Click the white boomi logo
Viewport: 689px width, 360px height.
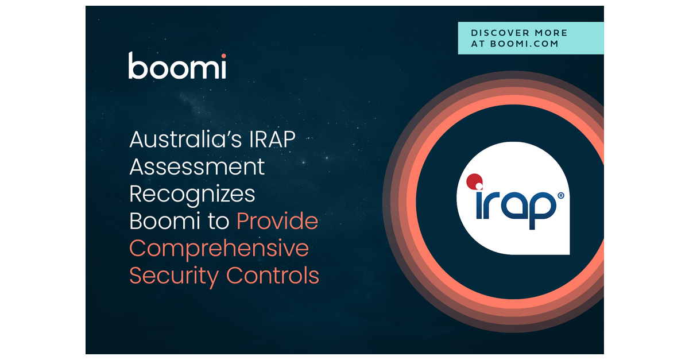[x=177, y=65]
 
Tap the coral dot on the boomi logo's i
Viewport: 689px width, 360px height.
[x=223, y=56]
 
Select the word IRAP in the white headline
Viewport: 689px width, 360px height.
[x=272, y=140]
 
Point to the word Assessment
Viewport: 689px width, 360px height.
[x=197, y=167]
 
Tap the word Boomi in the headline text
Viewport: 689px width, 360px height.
[x=165, y=221]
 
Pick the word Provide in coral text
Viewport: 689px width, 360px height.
[x=277, y=221]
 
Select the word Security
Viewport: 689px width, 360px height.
[x=174, y=276]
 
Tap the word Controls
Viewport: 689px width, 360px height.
[x=273, y=275]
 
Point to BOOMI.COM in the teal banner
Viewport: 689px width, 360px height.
[x=524, y=44]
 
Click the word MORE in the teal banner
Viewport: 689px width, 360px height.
[x=551, y=33]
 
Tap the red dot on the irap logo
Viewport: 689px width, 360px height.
[x=474, y=181]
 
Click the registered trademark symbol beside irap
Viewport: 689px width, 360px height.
[x=561, y=195]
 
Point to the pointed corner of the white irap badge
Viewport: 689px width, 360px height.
[x=569, y=254]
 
